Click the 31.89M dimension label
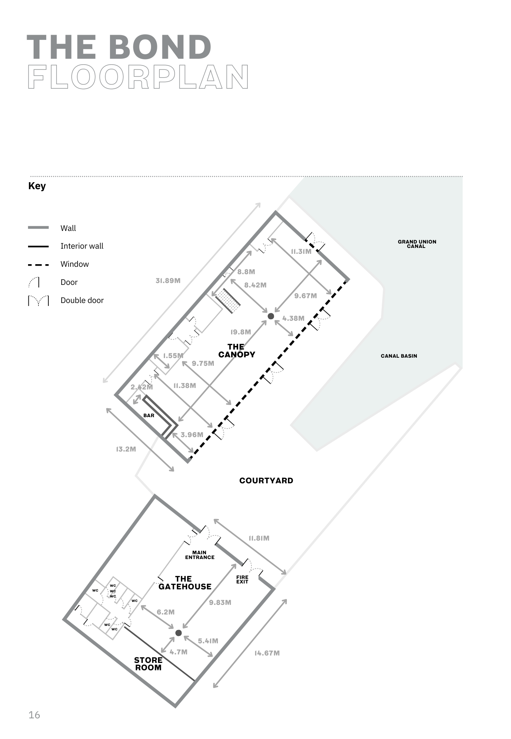(168, 280)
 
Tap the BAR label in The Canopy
(149, 416)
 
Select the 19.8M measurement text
(241, 332)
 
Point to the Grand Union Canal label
(417, 244)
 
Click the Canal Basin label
(399, 356)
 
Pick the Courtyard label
(266, 480)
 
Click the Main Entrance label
(200, 555)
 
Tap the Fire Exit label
(242, 579)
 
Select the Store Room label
(148, 664)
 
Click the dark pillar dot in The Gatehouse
(178, 633)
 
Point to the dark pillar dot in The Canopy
(271, 316)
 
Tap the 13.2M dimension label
(126, 449)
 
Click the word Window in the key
(75, 264)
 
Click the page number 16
(34, 715)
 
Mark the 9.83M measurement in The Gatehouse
(220, 602)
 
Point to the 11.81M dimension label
(259, 538)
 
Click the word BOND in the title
(160, 47)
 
